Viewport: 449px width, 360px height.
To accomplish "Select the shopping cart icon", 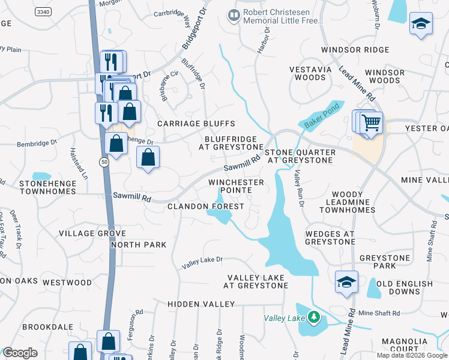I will click(372, 122).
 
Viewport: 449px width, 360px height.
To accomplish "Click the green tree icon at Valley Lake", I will click(313, 317).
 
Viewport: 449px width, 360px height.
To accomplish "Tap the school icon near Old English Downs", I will click(346, 282).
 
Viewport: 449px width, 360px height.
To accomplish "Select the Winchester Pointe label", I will click(236, 186).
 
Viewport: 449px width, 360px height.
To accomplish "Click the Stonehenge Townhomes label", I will click(39, 187).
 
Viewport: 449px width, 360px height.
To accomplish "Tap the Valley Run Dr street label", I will click(297, 188).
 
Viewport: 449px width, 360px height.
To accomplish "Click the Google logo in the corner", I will click(20, 353).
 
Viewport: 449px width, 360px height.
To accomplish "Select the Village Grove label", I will click(92, 233).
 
